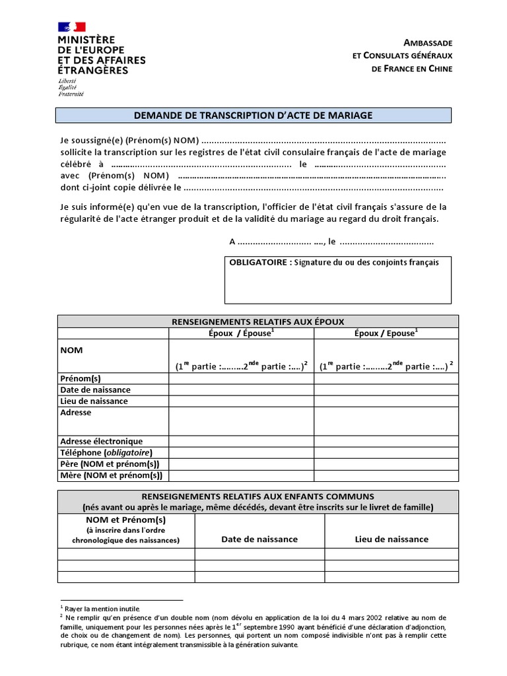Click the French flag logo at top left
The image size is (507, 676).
72,26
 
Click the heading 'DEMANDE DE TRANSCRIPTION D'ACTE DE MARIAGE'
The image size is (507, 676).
253,116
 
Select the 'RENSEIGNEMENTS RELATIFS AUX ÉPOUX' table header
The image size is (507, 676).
257,321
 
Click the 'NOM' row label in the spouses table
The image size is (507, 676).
71,350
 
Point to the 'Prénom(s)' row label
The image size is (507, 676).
80,378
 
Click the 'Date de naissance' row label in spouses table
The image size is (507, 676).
95,389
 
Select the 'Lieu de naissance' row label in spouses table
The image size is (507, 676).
94,401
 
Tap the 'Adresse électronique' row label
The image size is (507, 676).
101,441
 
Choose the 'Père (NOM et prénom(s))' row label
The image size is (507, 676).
110,464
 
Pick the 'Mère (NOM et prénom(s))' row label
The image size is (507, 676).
111,475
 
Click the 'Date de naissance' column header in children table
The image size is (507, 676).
259,539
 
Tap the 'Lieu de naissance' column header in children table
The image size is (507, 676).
391,539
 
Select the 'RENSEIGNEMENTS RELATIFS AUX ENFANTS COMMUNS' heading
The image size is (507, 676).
258,496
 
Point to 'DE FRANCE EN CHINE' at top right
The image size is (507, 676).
412,69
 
